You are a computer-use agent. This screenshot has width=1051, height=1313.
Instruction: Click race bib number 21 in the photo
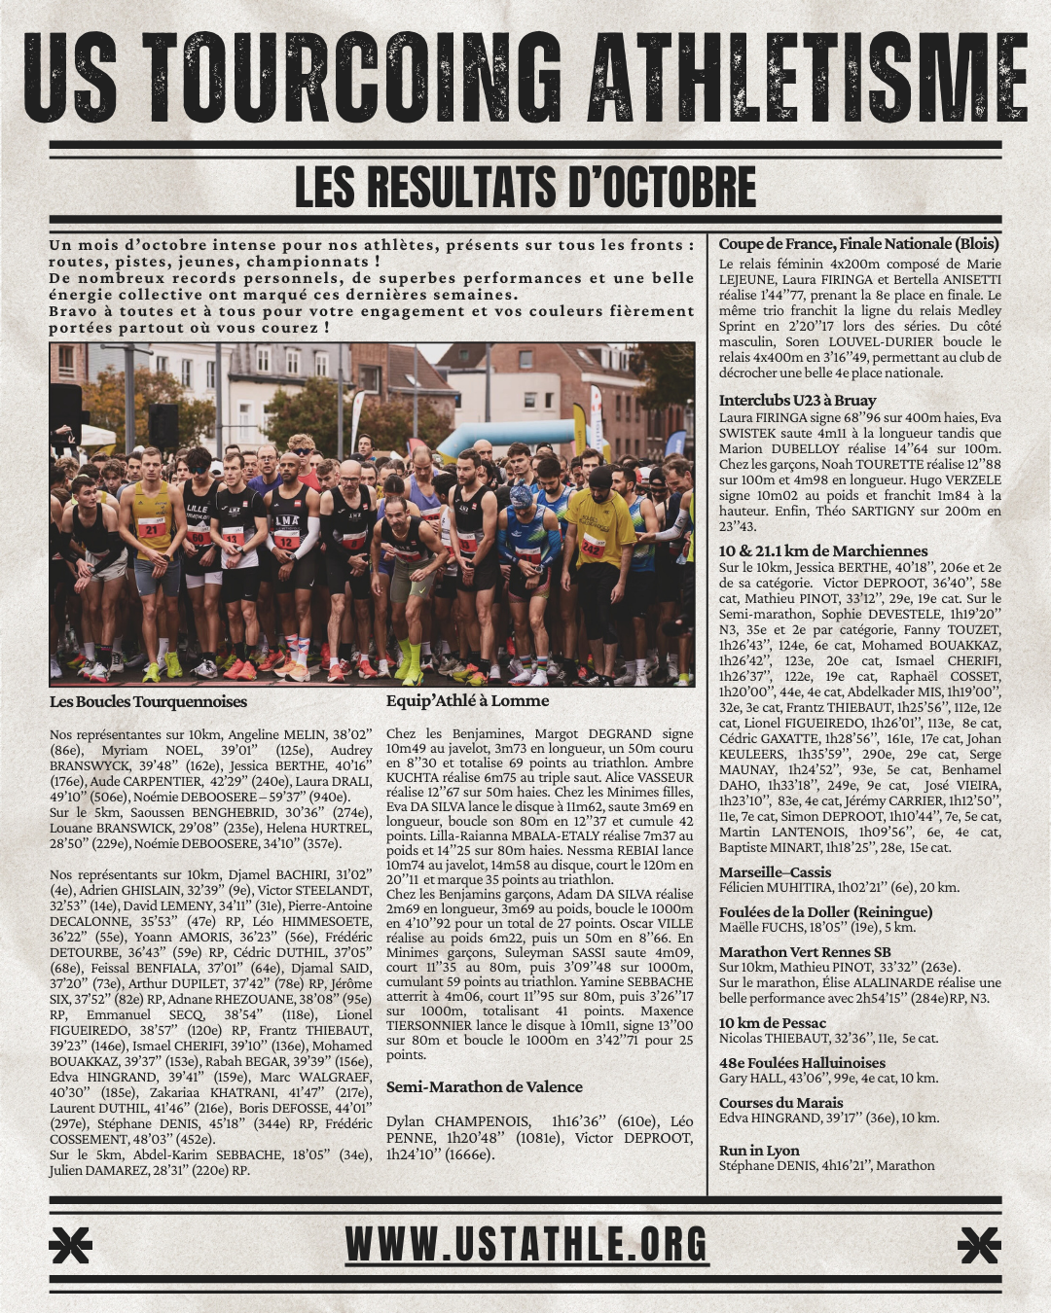pyautogui.click(x=152, y=527)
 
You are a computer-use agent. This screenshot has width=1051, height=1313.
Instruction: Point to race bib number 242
pyautogui.click(x=593, y=547)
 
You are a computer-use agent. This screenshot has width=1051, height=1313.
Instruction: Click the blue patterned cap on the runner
pyautogui.click(x=523, y=497)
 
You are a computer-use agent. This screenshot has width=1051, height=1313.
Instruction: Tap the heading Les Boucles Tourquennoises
pyautogui.click(x=148, y=701)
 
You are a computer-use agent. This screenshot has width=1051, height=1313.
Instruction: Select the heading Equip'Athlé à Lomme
pyautogui.click(x=467, y=700)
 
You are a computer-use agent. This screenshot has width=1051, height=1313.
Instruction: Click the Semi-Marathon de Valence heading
pyautogui.click(x=484, y=1086)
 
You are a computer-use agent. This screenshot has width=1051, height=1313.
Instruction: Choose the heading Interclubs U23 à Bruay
pyautogui.click(x=797, y=400)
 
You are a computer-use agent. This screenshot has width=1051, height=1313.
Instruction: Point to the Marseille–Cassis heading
pyautogui.click(x=775, y=871)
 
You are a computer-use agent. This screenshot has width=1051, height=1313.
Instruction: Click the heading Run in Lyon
pyautogui.click(x=759, y=1150)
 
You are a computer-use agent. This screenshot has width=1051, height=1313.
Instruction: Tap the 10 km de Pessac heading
pyautogui.click(x=772, y=1022)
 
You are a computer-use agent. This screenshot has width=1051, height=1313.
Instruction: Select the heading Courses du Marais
pyautogui.click(x=780, y=1102)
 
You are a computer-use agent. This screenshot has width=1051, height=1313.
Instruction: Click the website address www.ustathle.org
pyautogui.click(x=525, y=1244)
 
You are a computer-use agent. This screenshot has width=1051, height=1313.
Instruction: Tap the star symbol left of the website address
pyautogui.click(x=71, y=1245)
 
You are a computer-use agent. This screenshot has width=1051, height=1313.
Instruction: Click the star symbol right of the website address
pyautogui.click(x=978, y=1245)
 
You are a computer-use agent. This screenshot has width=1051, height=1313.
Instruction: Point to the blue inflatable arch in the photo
pyautogui.click(x=506, y=437)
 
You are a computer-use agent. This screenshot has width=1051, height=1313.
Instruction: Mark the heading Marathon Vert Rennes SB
pyautogui.click(x=804, y=951)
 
